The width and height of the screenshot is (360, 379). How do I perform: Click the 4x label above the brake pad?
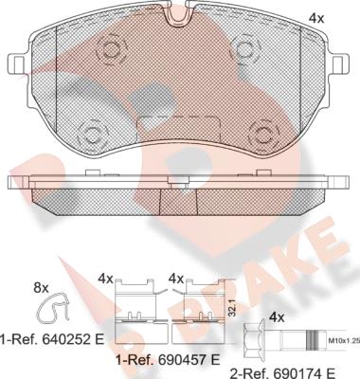[316, 19]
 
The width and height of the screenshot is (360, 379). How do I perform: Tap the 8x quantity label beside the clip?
[41, 287]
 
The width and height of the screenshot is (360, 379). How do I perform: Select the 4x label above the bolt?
[277, 318]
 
